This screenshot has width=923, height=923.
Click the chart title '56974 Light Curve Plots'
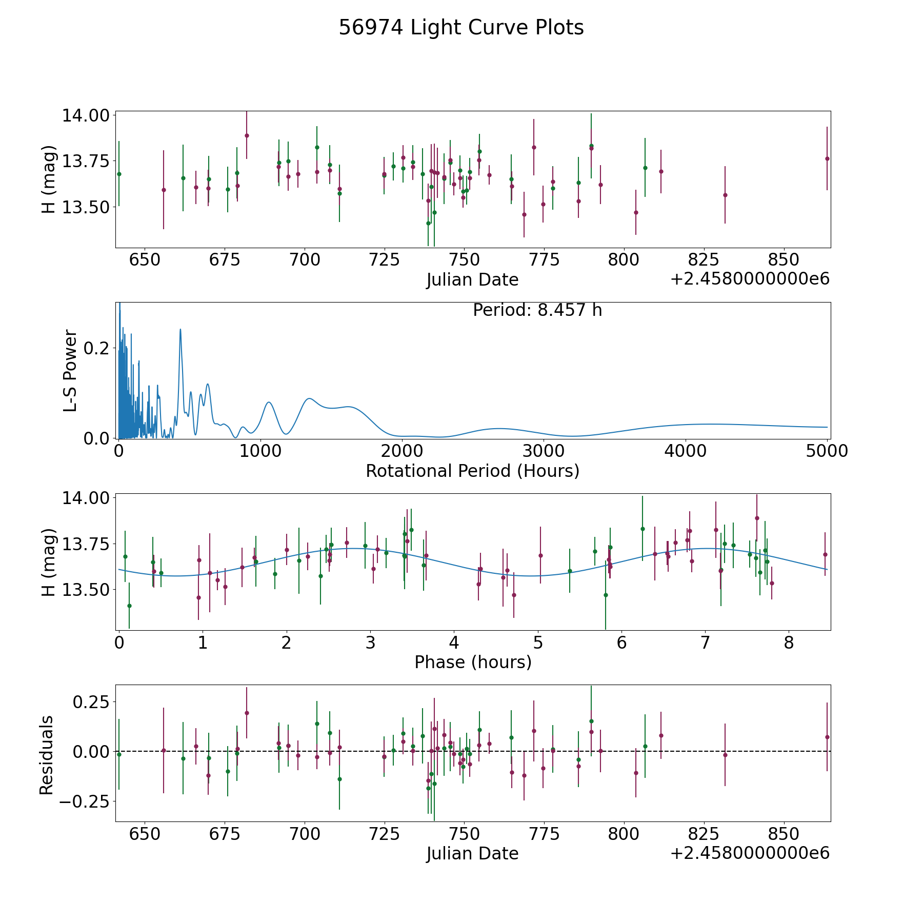click(x=461, y=28)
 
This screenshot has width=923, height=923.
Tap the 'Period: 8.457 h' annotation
click(x=537, y=310)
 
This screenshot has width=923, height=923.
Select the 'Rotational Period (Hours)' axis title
click(x=472, y=471)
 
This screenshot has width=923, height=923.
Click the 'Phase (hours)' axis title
click(x=472, y=662)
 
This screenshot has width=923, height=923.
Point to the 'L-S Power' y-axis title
click(x=70, y=370)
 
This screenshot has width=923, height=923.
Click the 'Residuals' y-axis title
click(x=47, y=755)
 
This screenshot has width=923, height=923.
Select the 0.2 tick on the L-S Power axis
click(x=96, y=348)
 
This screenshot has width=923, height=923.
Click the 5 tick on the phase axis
click(x=537, y=642)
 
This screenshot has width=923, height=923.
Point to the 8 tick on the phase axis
click(x=789, y=642)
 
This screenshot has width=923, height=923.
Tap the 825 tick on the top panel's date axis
click(x=703, y=259)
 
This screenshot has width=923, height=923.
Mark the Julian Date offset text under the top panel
click(x=750, y=279)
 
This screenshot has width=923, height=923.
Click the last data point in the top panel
click(x=827, y=158)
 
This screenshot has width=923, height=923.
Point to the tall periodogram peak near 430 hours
click(x=180, y=330)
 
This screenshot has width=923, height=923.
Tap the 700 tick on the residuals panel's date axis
click(x=304, y=834)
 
